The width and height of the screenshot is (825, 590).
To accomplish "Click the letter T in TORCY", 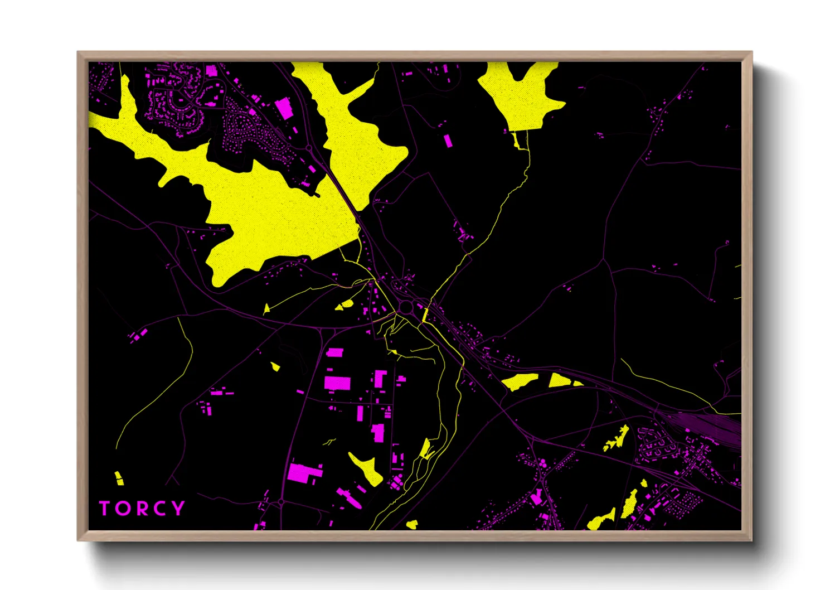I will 105,509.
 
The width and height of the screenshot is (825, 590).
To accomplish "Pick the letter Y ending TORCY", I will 178,508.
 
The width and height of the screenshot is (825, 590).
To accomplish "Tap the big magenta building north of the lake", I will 284,108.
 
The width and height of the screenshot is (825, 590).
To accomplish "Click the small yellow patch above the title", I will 119,478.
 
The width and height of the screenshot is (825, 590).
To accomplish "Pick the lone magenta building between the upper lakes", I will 448,140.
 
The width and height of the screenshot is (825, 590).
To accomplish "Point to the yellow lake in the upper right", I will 519,96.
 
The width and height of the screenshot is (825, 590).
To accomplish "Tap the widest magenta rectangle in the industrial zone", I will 337,383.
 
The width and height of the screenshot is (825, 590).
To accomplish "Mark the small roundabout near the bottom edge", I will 282,502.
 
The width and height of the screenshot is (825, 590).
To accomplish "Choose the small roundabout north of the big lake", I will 309,148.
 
